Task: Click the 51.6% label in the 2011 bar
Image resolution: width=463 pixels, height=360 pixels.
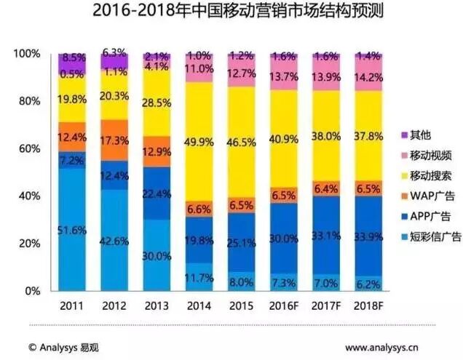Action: [x=72, y=230]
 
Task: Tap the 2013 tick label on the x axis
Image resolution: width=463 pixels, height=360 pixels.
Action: [x=157, y=307]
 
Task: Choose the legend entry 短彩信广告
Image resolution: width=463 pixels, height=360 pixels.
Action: [x=435, y=236]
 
